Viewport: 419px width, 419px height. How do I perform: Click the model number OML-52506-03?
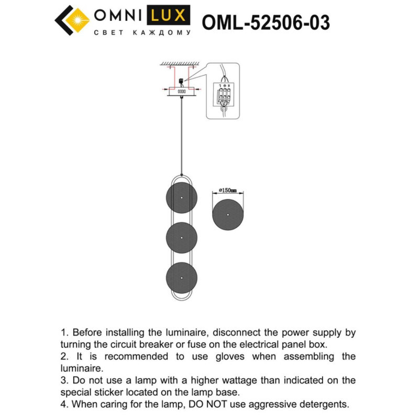pyautogui.click(x=266, y=23)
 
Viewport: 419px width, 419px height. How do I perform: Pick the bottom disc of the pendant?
pyautogui.click(x=181, y=278)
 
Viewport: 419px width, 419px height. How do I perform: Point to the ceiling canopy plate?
pyautogui.click(x=182, y=92)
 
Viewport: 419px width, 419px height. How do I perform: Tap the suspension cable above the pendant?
pyautogui.click(x=182, y=136)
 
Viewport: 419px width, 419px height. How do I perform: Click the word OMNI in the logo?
pyautogui.click(x=116, y=16)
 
